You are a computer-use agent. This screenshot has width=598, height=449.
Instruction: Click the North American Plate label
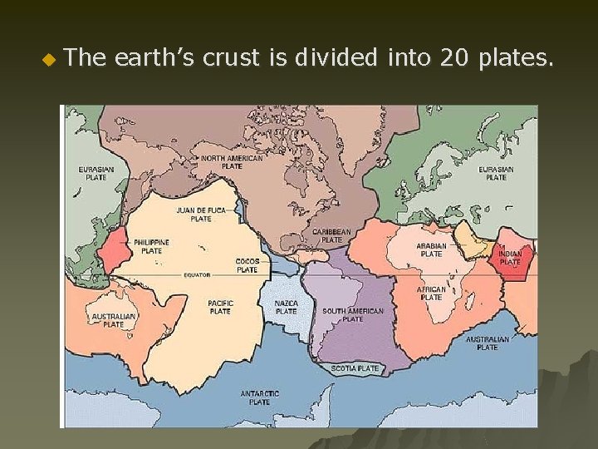[232, 161]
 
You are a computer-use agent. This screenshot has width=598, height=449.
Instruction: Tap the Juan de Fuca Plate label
[200, 215]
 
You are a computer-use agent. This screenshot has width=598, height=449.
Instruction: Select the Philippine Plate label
[151, 246]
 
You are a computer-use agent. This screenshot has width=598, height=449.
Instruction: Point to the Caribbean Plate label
[331, 235]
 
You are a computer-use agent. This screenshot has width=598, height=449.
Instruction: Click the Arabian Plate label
[431, 249]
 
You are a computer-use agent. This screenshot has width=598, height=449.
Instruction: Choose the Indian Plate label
[510, 258]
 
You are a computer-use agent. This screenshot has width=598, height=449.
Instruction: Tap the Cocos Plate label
[248, 265]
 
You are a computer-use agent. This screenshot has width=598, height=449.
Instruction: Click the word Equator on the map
[198, 274]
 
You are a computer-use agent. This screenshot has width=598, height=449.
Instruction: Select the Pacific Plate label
[220, 307]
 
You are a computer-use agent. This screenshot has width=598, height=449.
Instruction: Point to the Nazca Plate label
[286, 308]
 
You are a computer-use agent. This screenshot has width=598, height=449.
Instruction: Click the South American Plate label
[353, 314]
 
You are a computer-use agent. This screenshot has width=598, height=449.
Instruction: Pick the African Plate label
[431, 293]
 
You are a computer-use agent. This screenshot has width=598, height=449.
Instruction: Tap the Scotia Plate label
[355, 368]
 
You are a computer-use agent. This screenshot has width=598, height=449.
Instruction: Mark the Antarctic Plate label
[260, 397]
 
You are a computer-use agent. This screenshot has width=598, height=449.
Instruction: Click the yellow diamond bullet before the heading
[47, 59]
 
